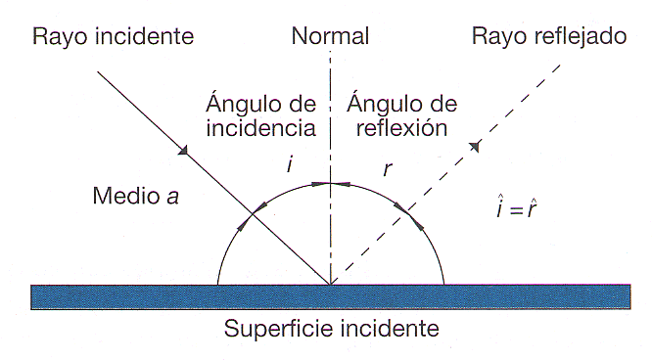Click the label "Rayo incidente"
114,38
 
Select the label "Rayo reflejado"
548,38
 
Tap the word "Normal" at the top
331,38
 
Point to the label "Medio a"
135,195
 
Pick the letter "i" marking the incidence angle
289,165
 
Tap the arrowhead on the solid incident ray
183,150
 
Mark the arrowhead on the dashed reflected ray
475,147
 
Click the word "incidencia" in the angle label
261,127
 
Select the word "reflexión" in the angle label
402,127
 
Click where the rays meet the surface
331,285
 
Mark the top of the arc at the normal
331,182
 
